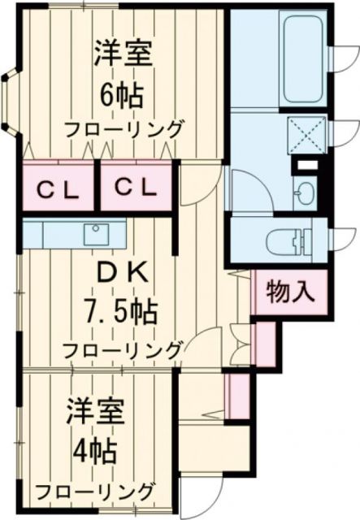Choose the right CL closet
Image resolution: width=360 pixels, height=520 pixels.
point(134,188)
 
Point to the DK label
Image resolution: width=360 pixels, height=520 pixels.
point(124,274)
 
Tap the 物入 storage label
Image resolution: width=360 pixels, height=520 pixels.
point(291,291)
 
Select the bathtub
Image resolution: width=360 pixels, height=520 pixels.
point(281,58)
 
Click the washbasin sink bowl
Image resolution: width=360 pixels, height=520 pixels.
point(303,196)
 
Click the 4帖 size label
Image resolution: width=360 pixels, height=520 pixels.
point(96,449)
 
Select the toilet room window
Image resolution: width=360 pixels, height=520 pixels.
point(341,239)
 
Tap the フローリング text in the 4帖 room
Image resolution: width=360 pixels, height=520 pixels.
point(94,492)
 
